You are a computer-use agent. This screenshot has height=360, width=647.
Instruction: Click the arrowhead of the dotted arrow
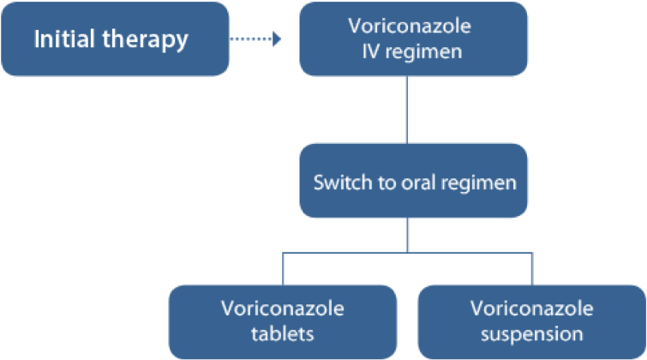pos(276,39)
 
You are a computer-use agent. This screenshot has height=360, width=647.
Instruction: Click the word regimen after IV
pos(423,52)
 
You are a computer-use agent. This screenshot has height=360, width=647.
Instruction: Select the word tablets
pos(282,333)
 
